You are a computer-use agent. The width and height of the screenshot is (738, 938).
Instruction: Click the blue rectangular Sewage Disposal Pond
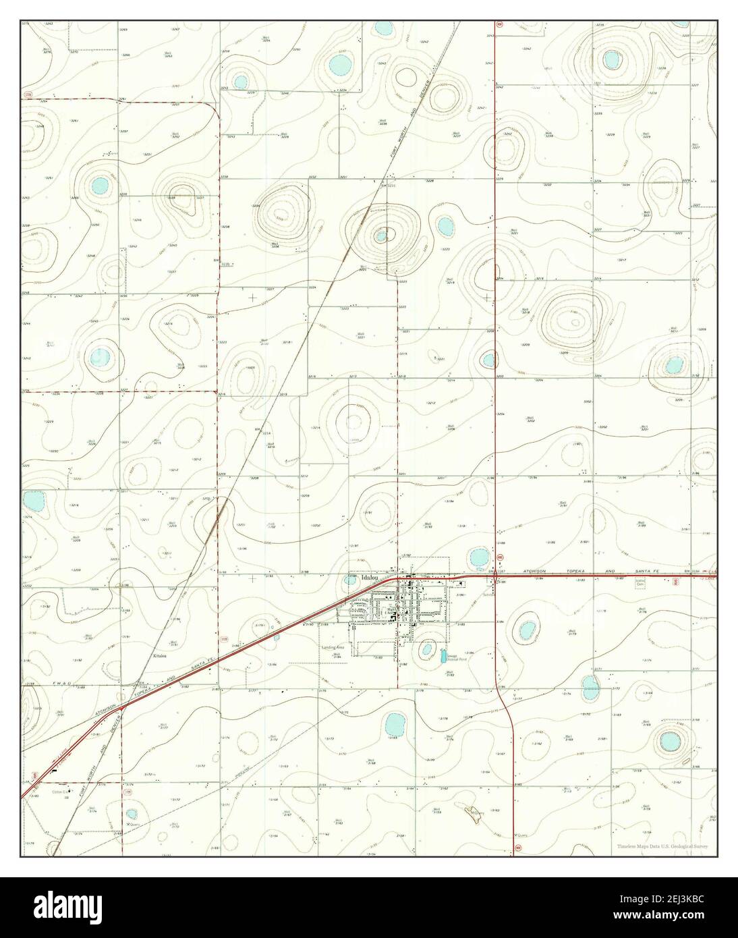444,655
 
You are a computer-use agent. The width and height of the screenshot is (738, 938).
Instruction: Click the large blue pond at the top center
339,65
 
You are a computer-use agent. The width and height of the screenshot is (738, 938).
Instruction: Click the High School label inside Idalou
392,610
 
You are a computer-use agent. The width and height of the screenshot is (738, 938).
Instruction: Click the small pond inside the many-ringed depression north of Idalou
381,236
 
